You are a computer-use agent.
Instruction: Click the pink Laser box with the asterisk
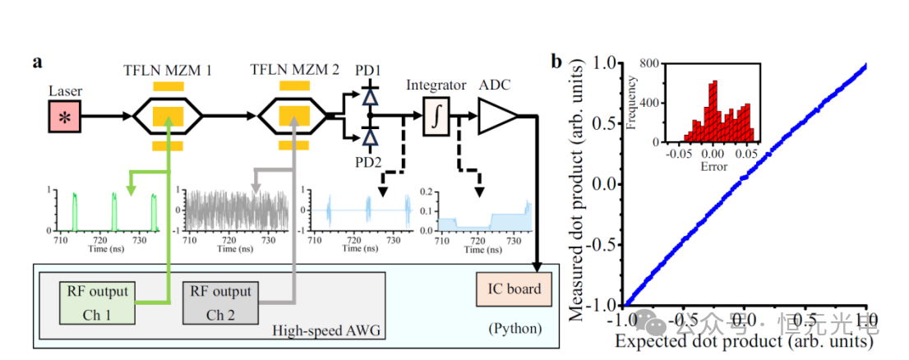tap(63, 118)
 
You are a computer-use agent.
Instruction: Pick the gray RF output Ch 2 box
tap(220, 302)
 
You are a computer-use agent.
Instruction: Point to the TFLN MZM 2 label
tap(294, 71)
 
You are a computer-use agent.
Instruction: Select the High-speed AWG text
tap(319, 330)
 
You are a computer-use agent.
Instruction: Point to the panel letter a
tap(38, 62)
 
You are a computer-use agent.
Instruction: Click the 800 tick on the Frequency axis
tap(653, 63)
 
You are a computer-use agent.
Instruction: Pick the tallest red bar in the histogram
tap(713, 111)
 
